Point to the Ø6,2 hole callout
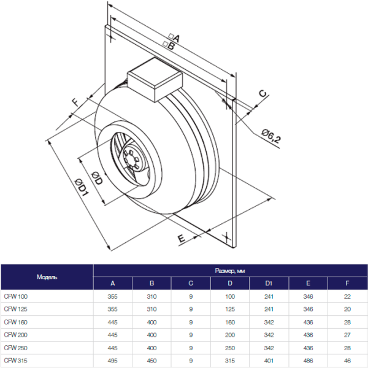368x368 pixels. pyautogui.click(x=270, y=137)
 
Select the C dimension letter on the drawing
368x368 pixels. pyautogui.click(x=262, y=94)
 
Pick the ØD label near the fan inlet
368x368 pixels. pyautogui.click(x=96, y=178)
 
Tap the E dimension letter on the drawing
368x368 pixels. pyautogui.click(x=182, y=238)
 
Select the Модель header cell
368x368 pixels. pyautogui.click(x=47, y=277)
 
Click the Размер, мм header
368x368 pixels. pyautogui.click(x=230, y=270)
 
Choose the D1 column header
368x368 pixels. pyautogui.click(x=269, y=283)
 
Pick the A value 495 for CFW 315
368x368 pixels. pyautogui.click(x=112, y=359)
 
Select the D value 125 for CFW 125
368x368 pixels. pyautogui.click(x=230, y=309)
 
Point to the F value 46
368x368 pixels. pyautogui.click(x=347, y=359)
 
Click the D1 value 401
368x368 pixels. pyautogui.click(x=269, y=359)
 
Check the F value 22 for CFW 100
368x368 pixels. pyautogui.click(x=347, y=296)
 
